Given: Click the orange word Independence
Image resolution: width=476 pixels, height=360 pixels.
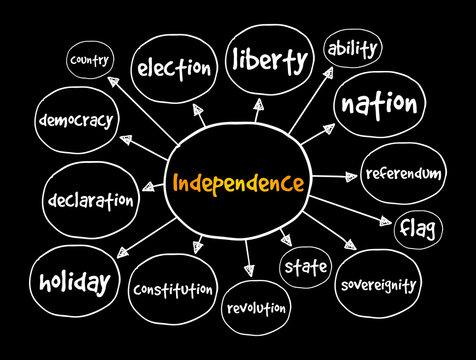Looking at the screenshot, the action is (238, 184).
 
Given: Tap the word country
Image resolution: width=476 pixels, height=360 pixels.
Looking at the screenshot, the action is (88, 62).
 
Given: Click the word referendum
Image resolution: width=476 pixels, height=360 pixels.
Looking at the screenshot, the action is (402, 173).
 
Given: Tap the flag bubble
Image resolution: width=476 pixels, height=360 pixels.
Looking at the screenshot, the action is (417, 230).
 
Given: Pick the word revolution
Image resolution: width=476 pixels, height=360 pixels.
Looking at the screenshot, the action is (255, 309).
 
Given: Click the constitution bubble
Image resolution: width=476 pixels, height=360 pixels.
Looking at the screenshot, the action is (172, 290).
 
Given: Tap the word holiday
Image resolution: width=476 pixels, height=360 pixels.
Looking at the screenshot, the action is (74, 283).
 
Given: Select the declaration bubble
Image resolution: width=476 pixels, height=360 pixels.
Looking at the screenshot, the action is (89, 200).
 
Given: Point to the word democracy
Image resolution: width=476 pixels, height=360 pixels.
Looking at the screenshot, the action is (76, 120).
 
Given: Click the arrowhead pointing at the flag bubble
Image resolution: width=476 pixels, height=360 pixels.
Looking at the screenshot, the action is (386, 223).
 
